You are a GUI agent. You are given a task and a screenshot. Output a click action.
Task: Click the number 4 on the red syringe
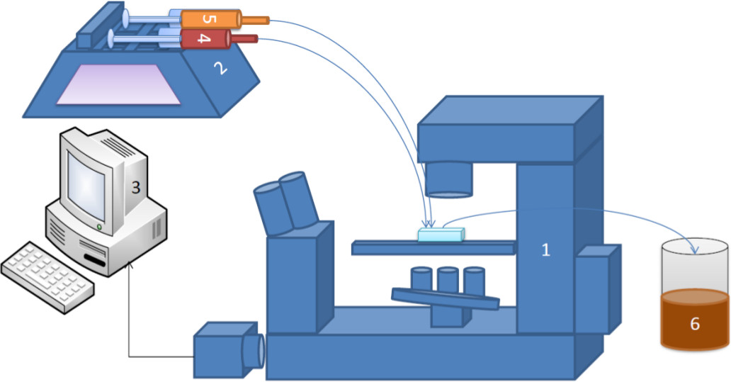coord(203,39)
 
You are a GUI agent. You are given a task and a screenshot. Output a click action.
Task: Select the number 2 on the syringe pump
coord(220,69)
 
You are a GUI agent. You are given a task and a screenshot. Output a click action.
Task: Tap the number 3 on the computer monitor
coord(135,187)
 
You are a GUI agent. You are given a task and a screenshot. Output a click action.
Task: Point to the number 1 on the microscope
coord(545,250)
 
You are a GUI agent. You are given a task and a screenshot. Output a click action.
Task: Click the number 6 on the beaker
coord(695,323)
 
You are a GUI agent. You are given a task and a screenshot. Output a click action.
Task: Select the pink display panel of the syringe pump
coord(118,84)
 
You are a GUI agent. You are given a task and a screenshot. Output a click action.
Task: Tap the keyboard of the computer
coord(47,276)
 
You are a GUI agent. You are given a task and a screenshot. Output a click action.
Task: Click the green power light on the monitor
coord(99,227)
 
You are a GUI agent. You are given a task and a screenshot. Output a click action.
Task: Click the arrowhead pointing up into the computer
coord(129,265)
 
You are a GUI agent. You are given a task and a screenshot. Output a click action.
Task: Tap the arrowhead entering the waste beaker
coord(695,250)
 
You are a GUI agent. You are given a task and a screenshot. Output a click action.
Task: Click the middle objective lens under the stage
coord(448,280)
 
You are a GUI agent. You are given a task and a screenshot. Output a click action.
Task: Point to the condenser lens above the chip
coord(448,179)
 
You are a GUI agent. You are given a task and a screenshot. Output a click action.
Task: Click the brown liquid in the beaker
coord(695,320)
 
